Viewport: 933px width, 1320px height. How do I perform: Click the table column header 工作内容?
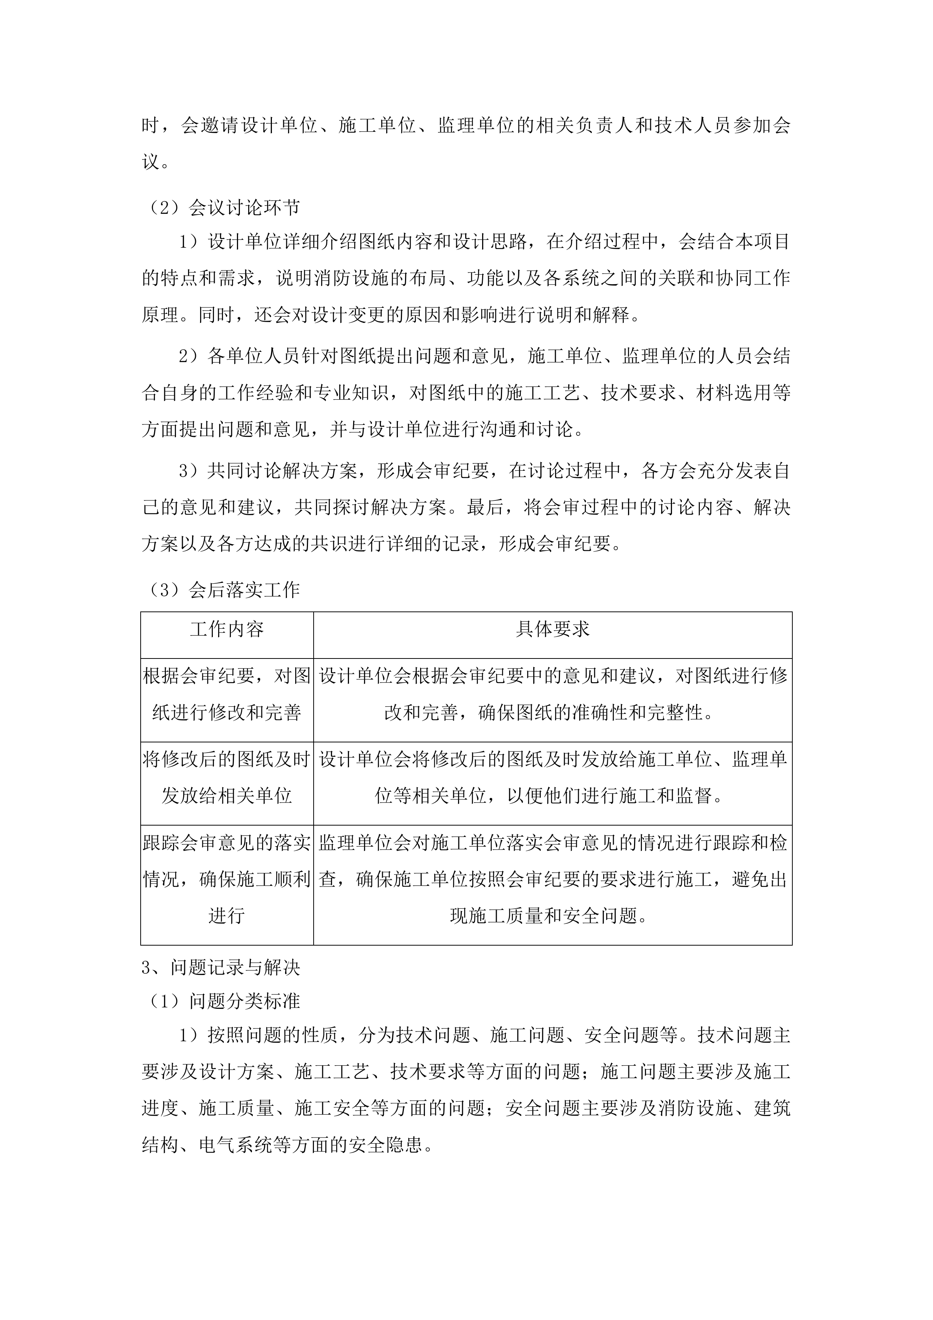tap(227, 630)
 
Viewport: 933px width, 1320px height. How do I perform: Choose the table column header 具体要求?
tap(553, 630)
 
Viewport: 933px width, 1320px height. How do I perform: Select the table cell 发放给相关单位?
tap(227, 796)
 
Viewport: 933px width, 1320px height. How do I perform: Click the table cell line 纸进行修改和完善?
tap(227, 713)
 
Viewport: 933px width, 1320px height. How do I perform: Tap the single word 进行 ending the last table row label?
tap(227, 915)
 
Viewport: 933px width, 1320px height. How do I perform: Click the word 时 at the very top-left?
tap(150, 126)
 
